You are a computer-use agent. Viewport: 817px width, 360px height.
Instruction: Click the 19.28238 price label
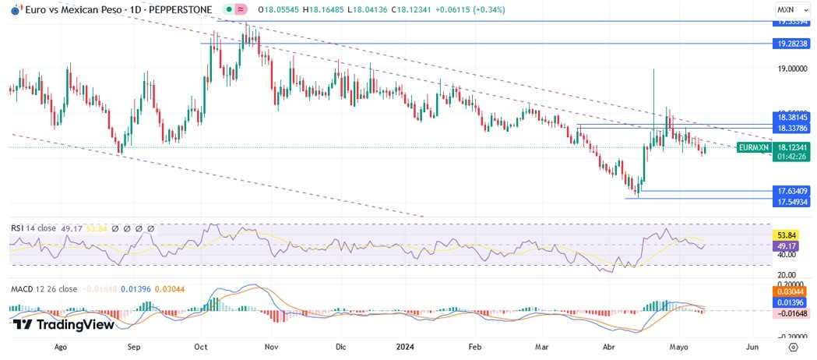click(793, 44)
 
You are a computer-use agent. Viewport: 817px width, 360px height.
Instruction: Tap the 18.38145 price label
click(793, 116)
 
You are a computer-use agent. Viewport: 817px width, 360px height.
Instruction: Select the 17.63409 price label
click(793, 191)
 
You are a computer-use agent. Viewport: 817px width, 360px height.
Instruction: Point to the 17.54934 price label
click(793, 202)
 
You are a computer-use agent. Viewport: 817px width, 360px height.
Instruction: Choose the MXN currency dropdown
click(789, 9)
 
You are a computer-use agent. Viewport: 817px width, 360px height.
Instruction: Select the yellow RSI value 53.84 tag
click(784, 235)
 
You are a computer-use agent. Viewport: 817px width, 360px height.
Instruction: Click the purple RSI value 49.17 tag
click(784, 245)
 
